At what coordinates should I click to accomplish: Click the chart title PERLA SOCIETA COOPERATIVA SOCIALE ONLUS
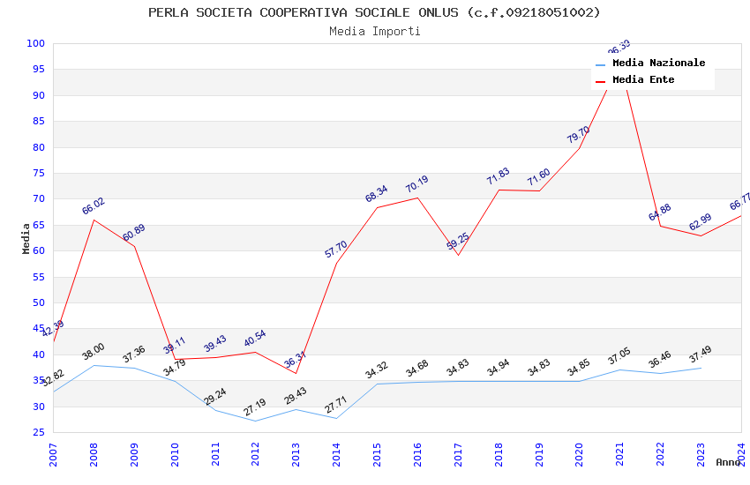point(374,12)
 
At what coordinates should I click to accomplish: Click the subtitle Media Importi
point(374,31)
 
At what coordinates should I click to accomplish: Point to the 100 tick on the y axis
point(35,43)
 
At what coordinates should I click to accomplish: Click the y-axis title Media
point(26,238)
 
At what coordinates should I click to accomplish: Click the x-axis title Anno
point(728,462)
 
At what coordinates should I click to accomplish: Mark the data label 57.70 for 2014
point(335,250)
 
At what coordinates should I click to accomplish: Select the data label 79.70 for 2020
point(578,135)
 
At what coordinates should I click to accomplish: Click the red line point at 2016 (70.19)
point(417,198)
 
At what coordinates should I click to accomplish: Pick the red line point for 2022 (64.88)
point(660,226)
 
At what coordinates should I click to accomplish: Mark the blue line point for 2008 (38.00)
point(94,365)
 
